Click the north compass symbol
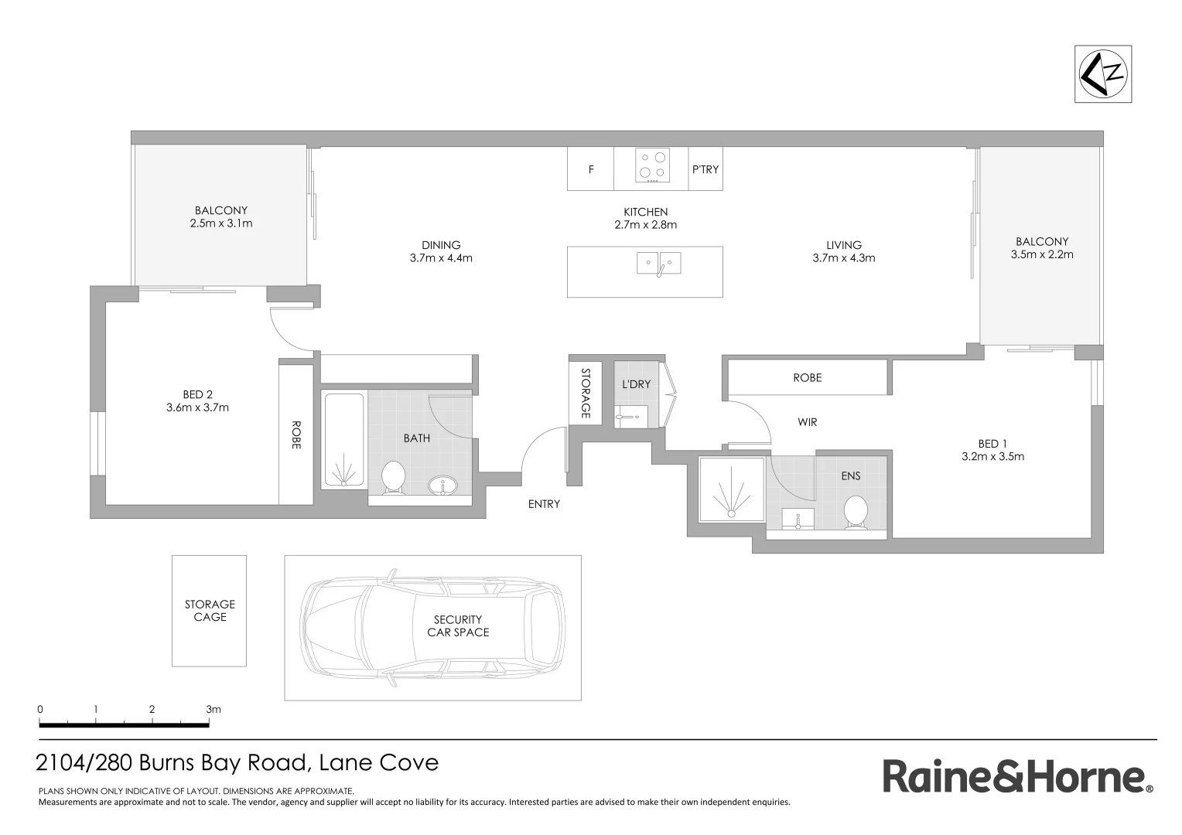pyautogui.click(x=1103, y=73)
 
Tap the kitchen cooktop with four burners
pyautogui.click(x=651, y=165)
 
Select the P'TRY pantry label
pyautogui.click(x=705, y=169)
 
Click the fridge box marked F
pyautogui.click(x=591, y=169)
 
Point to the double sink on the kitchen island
pyautogui.click(x=659, y=264)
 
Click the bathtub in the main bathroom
pyautogui.click(x=343, y=441)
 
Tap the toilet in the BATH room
pyautogui.click(x=394, y=477)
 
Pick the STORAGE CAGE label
pyautogui.click(x=210, y=611)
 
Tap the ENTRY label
pyautogui.click(x=544, y=504)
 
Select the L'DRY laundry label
pyautogui.click(x=637, y=384)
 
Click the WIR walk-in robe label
pyautogui.click(x=807, y=422)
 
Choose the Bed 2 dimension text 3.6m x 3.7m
pyautogui.click(x=197, y=407)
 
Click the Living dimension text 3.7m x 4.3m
pyautogui.click(x=843, y=258)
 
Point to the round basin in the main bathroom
pyautogui.click(x=442, y=486)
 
